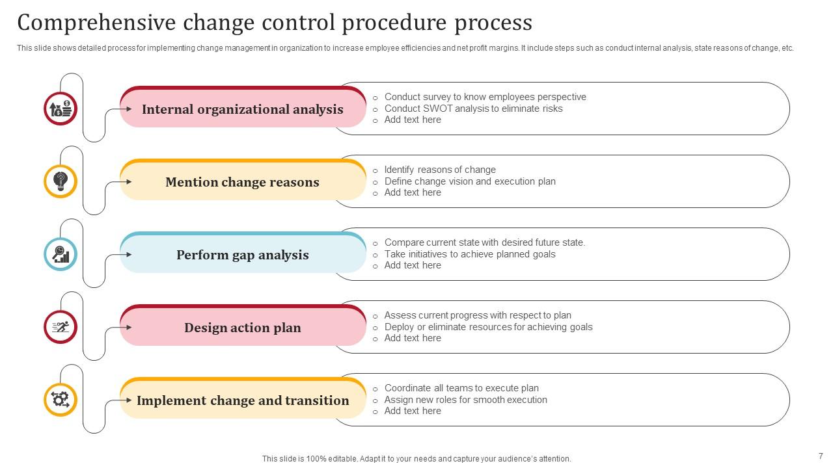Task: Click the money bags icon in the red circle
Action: (x=61, y=109)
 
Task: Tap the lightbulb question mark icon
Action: (x=61, y=181)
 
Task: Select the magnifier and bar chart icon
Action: (x=61, y=254)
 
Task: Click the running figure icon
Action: (x=61, y=327)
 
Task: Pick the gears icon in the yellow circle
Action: (x=61, y=400)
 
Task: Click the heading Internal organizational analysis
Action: (x=243, y=109)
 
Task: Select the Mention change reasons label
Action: (x=243, y=182)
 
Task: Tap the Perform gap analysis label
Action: (x=243, y=255)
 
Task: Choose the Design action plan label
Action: (x=243, y=328)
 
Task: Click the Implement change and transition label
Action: (x=243, y=400)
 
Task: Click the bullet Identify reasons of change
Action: (x=440, y=170)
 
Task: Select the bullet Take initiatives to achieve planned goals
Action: (x=470, y=254)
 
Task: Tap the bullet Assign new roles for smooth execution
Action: (x=465, y=400)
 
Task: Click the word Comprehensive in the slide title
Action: (x=96, y=23)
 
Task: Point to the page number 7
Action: (x=821, y=456)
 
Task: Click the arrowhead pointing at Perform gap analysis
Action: (x=129, y=254)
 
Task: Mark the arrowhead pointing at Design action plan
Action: (x=129, y=327)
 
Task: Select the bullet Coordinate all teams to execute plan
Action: (x=461, y=388)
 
